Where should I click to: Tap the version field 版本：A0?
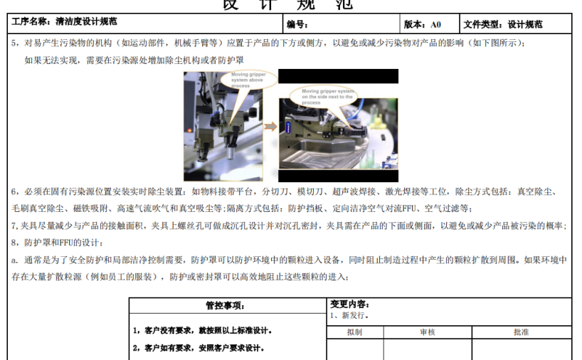coord(423,24)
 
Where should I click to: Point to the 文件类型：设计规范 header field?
coord(503,24)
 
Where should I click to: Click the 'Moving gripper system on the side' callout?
coord(328,97)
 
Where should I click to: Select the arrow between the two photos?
coord(270,126)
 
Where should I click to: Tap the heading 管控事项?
coord(225,306)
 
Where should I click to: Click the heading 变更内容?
coord(350,304)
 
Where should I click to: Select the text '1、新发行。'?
coord(350,314)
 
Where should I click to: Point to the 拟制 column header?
coord(354,332)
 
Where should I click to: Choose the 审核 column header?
coord(427,332)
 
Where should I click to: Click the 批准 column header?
coord(521,332)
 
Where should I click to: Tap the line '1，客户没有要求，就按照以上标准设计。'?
coord(203,331)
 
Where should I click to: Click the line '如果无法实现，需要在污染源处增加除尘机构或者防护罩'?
coord(114,60)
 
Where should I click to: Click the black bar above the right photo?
coord(338,76)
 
